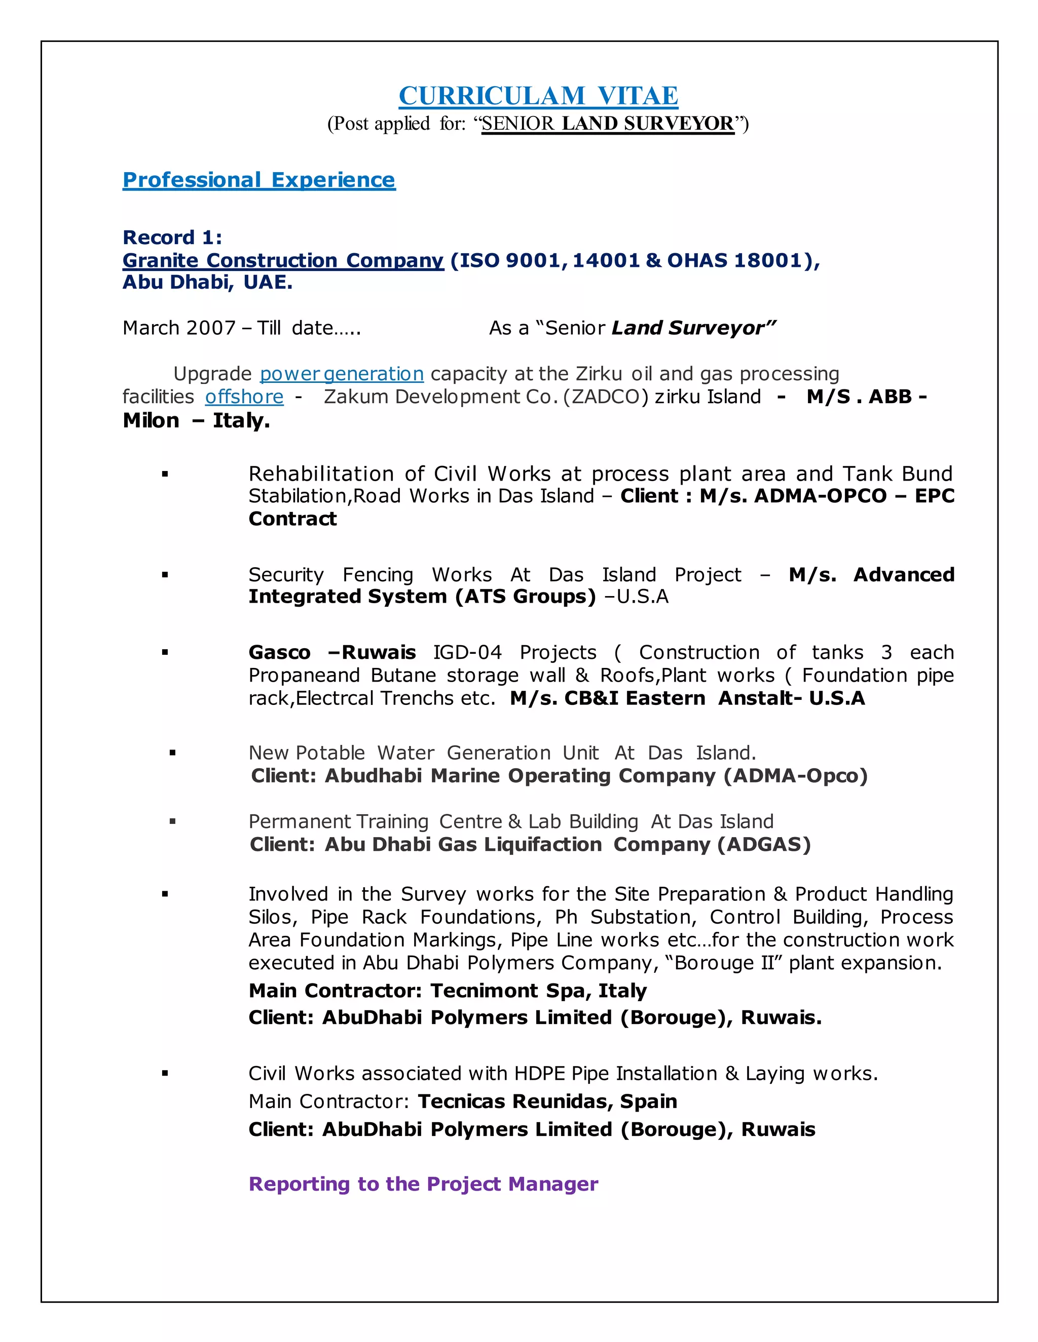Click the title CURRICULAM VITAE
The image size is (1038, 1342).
538,96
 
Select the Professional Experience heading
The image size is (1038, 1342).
259,180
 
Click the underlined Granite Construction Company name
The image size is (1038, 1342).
283,260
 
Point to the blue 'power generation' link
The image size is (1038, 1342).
341,374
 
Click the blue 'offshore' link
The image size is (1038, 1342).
244,397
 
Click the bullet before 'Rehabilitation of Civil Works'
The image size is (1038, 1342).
165,474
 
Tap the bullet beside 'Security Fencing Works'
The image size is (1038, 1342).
165,575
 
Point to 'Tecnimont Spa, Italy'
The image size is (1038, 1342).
538,991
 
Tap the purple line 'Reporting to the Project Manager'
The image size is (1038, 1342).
423,1183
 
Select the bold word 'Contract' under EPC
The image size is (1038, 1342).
293,519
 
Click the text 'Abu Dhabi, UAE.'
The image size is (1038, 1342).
207,282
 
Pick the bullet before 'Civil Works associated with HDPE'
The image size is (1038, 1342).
165,1074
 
